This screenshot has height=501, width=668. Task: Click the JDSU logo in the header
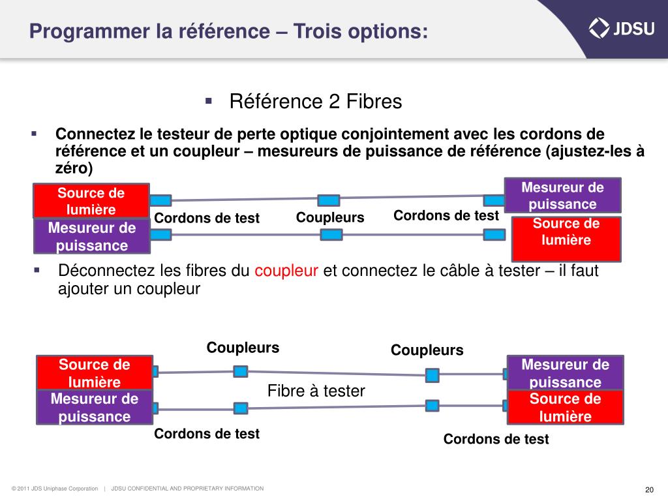(x=619, y=27)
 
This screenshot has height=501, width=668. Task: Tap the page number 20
(x=649, y=490)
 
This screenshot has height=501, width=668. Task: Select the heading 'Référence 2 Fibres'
(x=316, y=102)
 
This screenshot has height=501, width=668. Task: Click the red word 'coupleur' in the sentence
(x=286, y=271)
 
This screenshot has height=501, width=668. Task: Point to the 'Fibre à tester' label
(x=316, y=391)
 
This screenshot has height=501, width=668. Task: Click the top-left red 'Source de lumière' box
(x=91, y=201)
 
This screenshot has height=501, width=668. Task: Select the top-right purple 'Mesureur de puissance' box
(x=562, y=195)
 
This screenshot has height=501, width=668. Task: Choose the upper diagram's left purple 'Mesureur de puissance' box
(x=92, y=236)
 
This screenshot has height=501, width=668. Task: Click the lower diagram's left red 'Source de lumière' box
(x=95, y=373)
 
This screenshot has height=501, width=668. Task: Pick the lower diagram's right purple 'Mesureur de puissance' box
(x=566, y=373)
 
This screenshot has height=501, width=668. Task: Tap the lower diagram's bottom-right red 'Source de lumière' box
(x=565, y=408)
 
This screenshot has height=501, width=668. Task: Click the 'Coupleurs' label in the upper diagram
(x=330, y=217)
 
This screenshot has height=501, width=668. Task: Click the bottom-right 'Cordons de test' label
(x=496, y=439)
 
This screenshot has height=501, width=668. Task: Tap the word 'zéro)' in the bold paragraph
(x=74, y=168)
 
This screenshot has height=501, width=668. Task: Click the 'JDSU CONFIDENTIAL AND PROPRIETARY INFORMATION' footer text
(x=187, y=489)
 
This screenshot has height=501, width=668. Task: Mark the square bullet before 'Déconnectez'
(x=37, y=269)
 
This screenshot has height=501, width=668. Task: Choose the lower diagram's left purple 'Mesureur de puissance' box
(x=95, y=408)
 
